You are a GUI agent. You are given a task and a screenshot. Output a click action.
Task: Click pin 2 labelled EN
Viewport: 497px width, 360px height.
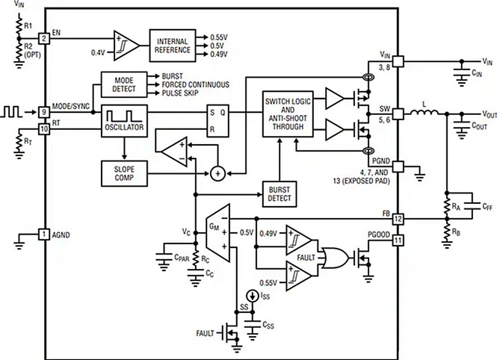pos(44,37)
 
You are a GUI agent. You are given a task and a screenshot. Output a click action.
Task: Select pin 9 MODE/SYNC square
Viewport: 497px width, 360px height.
pos(44,112)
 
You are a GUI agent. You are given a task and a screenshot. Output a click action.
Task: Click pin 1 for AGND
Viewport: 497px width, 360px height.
pos(44,235)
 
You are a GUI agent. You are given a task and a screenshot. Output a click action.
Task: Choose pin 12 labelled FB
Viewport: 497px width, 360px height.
pos(398,219)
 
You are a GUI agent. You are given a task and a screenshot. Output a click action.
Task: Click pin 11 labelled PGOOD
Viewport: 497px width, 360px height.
pos(398,240)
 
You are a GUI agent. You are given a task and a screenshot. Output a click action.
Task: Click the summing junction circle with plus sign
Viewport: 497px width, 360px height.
pos(217,173)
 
